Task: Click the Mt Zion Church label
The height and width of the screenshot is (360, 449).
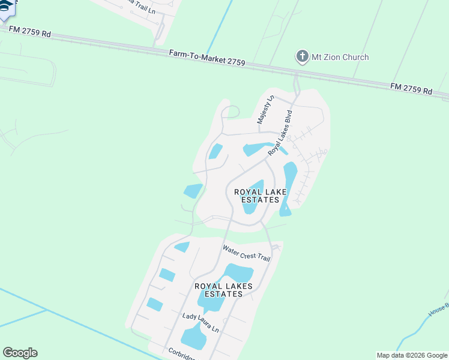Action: click(x=340, y=57)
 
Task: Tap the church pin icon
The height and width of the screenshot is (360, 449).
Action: click(x=302, y=57)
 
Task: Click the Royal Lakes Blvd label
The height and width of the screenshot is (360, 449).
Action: click(x=280, y=133)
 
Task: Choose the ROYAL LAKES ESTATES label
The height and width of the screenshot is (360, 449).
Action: click(x=223, y=290)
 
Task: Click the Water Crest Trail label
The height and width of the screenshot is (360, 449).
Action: click(x=246, y=253)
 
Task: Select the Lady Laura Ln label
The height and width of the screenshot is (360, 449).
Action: click(x=200, y=323)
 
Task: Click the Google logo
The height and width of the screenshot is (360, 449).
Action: click(x=20, y=353)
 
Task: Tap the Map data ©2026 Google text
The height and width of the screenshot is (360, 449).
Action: click(x=412, y=355)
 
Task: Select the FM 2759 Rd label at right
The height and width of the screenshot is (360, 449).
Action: click(x=411, y=89)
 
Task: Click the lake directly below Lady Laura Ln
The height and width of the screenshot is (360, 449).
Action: click(x=194, y=339)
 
